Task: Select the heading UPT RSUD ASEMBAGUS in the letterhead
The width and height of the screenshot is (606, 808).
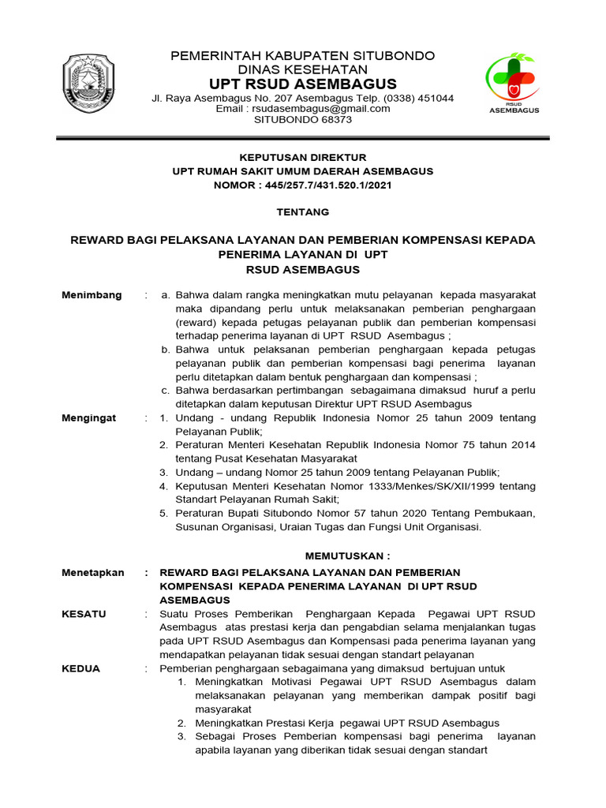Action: tap(304, 84)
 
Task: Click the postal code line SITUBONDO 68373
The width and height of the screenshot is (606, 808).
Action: tap(303, 120)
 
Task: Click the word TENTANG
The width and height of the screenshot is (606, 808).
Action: tap(303, 212)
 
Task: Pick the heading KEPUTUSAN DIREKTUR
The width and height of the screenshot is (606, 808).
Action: tap(303, 158)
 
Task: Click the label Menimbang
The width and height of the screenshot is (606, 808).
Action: tap(92, 295)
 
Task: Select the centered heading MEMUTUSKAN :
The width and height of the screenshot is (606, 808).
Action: tap(348, 555)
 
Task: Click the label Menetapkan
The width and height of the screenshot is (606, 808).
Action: tap(93, 573)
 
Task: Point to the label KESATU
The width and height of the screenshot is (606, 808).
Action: tap(84, 614)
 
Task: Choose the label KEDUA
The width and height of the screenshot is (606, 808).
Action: tap(81, 668)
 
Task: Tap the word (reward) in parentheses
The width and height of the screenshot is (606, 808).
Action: tap(196, 323)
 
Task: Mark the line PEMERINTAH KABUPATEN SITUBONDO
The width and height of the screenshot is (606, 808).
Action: tap(304, 56)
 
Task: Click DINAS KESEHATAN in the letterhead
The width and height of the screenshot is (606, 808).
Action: tap(304, 69)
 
